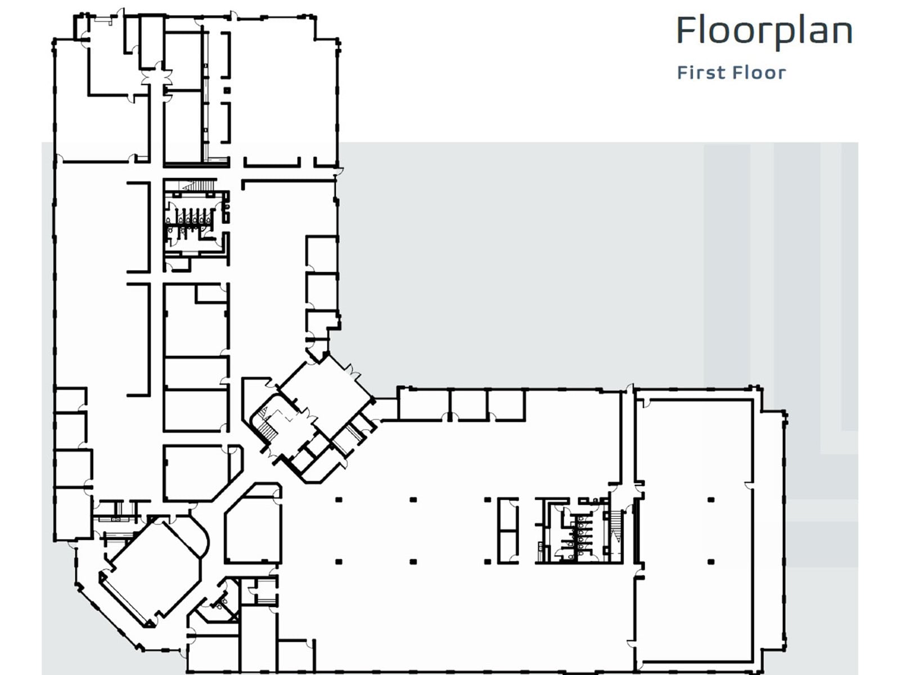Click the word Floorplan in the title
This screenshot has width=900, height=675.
coord(764,31)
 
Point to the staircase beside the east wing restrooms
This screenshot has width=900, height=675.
coord(616,526)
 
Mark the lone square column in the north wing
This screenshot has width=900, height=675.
coord(227,91)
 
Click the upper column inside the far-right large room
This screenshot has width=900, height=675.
coord(711,499)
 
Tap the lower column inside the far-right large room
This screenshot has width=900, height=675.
coord(711,562)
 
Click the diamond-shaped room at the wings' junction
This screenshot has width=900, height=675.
coord(325,394)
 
